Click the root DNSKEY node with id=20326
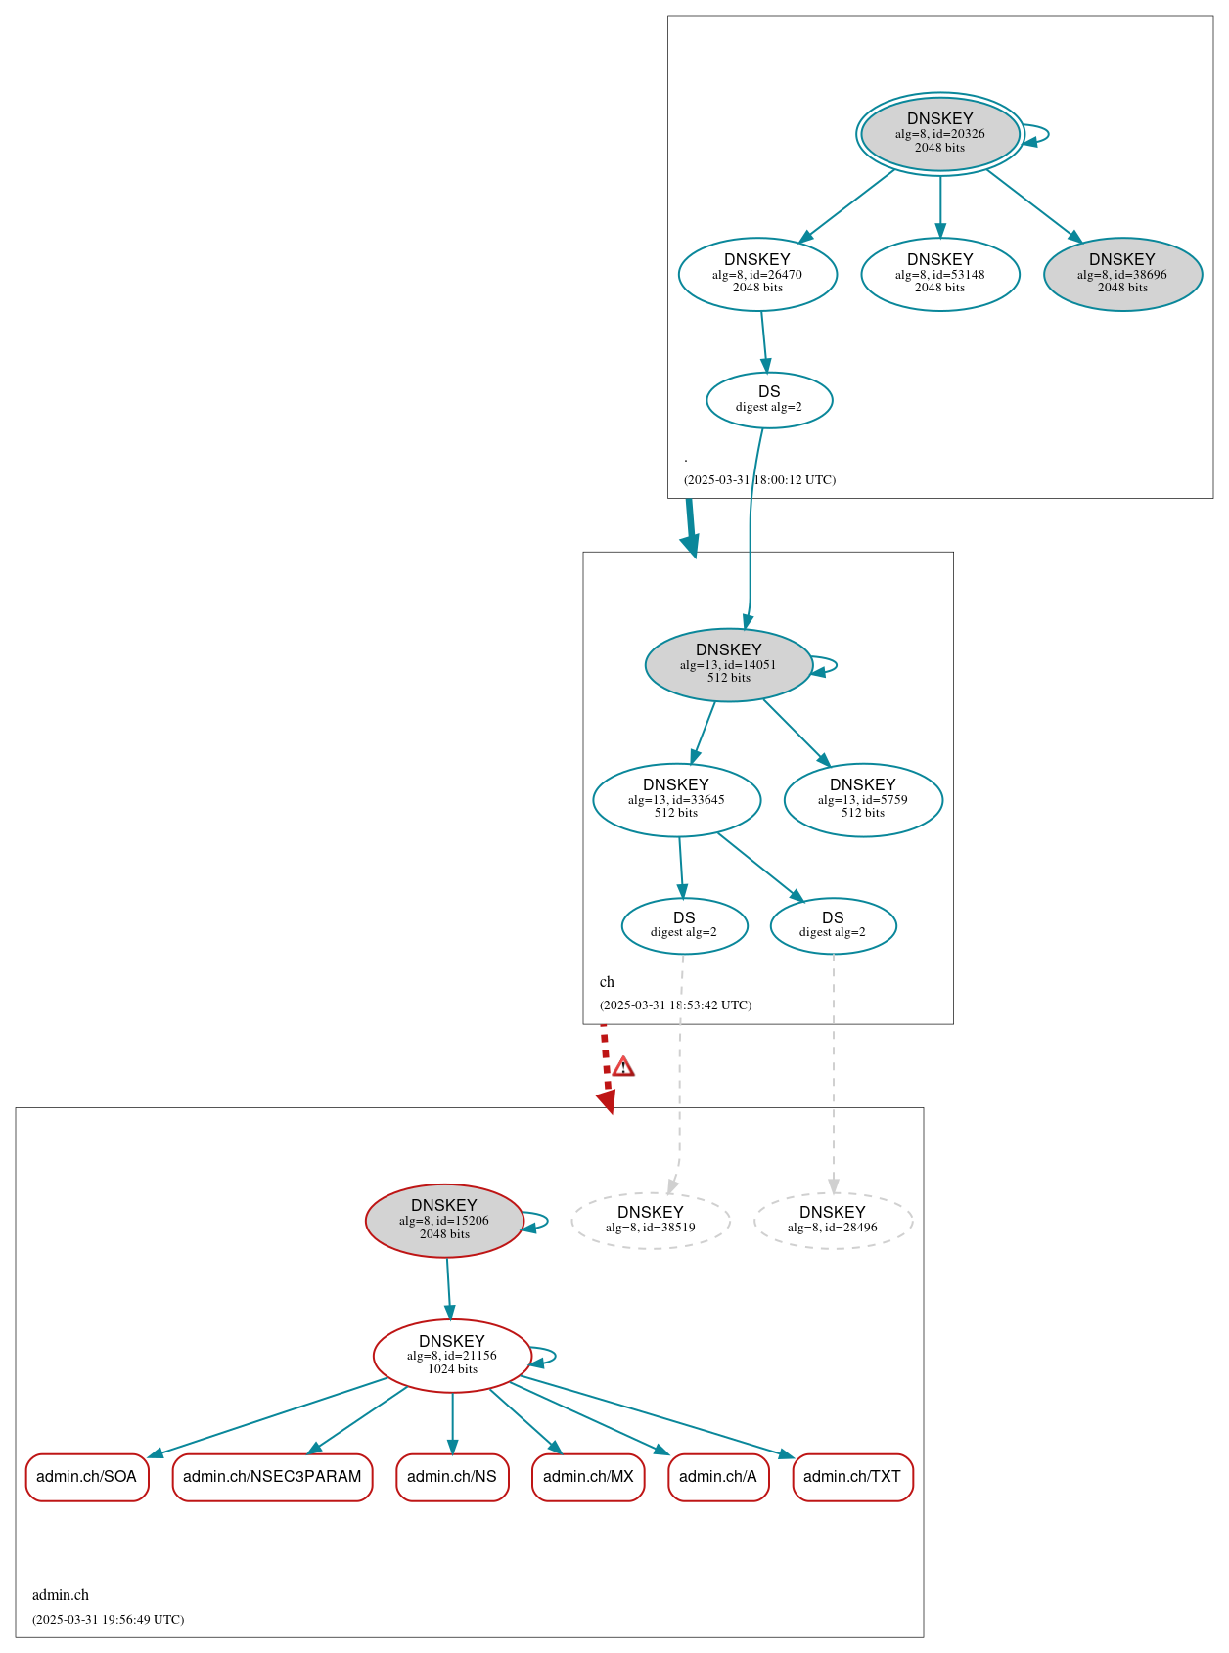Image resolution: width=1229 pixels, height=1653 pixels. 939,134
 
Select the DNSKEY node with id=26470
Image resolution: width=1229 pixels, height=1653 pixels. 757,274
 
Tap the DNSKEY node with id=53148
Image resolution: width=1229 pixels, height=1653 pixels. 939,274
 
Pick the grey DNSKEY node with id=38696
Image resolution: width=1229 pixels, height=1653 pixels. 1122,274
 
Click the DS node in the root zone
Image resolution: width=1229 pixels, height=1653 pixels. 769,399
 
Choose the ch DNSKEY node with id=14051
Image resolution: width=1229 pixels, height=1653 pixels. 728,664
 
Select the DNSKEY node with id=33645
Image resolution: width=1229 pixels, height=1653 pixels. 676,799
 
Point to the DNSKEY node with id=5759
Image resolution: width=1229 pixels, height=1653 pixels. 863,799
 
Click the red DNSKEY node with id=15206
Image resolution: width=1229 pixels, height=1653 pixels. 444,1220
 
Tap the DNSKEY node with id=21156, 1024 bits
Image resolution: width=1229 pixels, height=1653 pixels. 452,1355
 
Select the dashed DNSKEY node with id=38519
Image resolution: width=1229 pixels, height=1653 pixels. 651,1220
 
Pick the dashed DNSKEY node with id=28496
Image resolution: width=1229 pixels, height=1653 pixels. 833,1220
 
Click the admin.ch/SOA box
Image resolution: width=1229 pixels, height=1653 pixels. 87,1476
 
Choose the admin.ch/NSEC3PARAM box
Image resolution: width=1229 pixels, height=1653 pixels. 272,1476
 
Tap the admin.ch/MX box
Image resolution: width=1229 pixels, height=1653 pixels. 588,1476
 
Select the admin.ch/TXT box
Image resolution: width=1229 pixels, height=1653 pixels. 852,1476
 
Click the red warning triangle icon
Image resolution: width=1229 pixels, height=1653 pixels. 623,1067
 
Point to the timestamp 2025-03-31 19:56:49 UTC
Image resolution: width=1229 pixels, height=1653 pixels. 108,1619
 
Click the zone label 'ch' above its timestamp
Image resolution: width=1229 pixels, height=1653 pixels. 607,981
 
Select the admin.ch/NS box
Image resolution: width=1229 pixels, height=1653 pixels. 452,1476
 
